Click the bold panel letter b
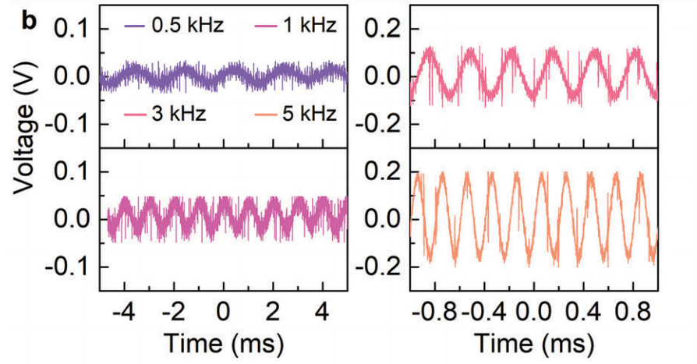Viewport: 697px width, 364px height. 30,21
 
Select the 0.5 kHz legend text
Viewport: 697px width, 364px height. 188,27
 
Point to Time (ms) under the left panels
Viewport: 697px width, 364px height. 223,342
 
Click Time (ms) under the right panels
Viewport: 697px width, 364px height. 534,342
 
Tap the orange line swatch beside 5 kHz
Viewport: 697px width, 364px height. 267,115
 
